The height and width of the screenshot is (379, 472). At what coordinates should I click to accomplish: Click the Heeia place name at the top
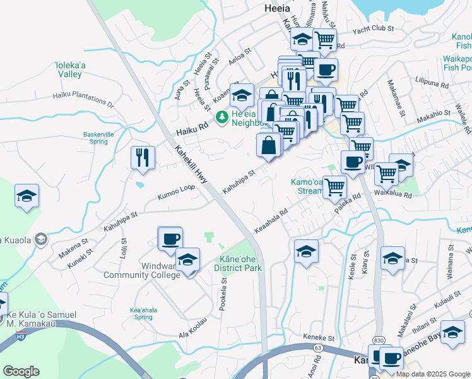pyautogui.click(x=276, y=9)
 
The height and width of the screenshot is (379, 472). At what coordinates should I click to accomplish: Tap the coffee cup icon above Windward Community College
pyautogui.click(x=170, y=239)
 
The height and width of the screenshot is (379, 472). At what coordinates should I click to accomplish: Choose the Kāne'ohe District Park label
pyautogui.click(x=239, y=263)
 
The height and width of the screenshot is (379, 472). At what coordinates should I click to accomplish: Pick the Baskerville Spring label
pyautogui.click(x=101, y=138)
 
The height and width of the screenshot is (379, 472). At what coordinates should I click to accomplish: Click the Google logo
pyautogui.click(x=21, y=371)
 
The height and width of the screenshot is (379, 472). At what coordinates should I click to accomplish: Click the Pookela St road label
pyautogui.click(x=223, y=298)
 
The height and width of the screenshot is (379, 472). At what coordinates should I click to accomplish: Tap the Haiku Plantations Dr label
pyautogui.click(x=85, y=99)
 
